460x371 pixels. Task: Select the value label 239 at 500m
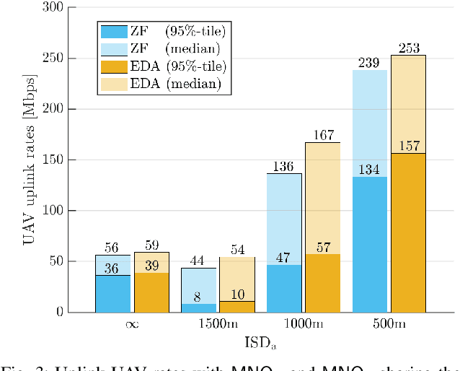click(x=369, y=64)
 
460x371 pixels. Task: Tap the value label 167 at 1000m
click(x=322, y=135)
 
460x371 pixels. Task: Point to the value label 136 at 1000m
click(x=284, y=167)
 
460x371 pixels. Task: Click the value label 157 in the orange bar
click(x=408, y=146)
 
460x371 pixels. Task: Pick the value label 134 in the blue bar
click(x=369, y=170)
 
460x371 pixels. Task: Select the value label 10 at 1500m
click(x=236, y=294)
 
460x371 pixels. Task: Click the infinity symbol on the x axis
click(x=132, y=325)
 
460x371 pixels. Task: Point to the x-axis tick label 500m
click(x=389, y=325)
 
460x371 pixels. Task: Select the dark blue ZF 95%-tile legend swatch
click(x=114, y=31)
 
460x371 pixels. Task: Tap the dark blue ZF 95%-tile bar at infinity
click(x=113, y=294)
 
